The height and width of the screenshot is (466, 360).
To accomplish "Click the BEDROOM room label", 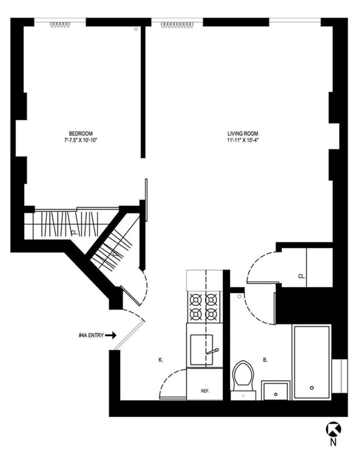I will coord(81,133).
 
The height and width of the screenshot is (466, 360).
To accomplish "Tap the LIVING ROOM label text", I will coord(243,133).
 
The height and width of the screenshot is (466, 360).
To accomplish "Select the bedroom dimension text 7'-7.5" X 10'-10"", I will coord(81,140).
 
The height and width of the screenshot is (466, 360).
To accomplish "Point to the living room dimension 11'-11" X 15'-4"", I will coord(243,140).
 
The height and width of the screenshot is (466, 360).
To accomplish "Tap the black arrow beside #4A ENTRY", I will coord(112,335).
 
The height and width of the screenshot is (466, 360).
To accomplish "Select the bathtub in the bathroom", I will coord(311,362).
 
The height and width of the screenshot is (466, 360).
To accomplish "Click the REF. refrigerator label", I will coord(205,391).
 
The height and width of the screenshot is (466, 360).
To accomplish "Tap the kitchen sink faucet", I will coord(212,351).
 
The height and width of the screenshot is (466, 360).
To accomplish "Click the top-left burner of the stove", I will coord(196,299).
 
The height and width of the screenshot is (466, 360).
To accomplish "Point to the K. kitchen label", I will coord(160,360).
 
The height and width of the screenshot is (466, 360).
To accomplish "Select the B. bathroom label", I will coord(265,360).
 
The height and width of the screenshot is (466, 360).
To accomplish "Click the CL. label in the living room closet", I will coord(301,277).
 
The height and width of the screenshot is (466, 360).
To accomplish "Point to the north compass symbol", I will coord(333,429).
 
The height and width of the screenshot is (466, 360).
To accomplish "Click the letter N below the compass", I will coord(333,443).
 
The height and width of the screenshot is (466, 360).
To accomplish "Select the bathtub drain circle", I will coord(311,387).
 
